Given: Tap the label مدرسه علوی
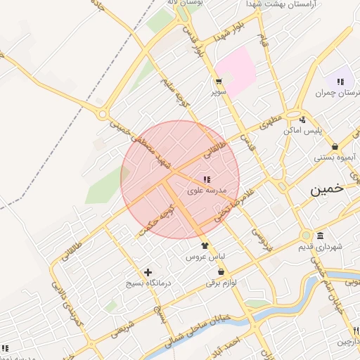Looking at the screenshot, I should point(206,191).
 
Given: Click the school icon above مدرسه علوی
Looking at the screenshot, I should point(206,179).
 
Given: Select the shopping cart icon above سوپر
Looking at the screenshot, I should point(219,81).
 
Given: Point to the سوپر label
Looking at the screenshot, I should point(219,92).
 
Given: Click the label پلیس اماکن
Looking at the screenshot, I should point(302,131).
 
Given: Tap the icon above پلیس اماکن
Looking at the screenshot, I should point(302,120).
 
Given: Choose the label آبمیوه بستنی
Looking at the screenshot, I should point(335,157).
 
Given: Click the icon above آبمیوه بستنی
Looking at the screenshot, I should point(335,146).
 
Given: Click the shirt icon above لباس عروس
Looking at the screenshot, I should point(205,245).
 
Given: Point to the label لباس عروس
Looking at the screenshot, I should point(204,257).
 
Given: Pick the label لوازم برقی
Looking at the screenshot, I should point(221,283).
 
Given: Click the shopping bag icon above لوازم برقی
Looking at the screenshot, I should point(221,271).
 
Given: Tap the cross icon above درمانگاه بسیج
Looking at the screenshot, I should point(148,272).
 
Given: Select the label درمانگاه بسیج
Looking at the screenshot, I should point(148,283).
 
